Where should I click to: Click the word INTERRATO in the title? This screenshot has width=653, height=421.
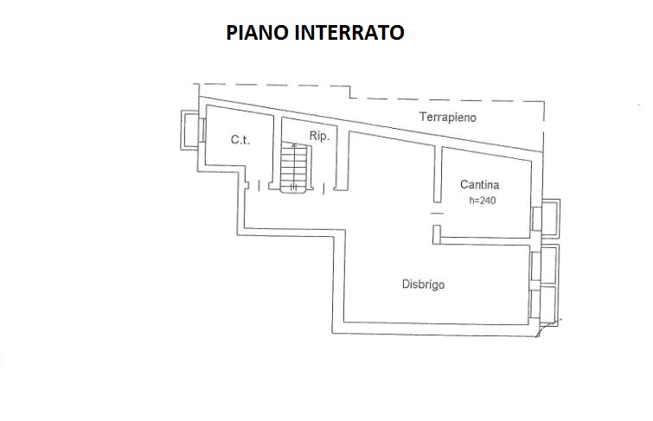(x=349, y=33)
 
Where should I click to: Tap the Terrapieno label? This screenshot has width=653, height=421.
(x=448, y=117)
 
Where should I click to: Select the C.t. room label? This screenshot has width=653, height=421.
(x=240, y=140)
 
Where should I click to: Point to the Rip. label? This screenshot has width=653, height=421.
(x=319, y=136)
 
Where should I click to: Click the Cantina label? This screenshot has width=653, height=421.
(x=480, y=184)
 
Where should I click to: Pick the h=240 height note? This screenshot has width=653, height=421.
(x=483, y=201)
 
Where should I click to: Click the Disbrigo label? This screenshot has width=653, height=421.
(x=423, y=284)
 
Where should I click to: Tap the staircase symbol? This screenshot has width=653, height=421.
(x=294, y=168)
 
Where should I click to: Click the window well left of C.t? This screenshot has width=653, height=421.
(x=190, y=130)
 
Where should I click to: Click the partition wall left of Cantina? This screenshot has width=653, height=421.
(x=438, y=174)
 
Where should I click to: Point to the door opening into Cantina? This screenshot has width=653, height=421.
(x=437, y=214)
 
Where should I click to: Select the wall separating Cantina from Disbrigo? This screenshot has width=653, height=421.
(x=485, y=240)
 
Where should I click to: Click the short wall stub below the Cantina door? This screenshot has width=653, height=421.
(x=437, y=234)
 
